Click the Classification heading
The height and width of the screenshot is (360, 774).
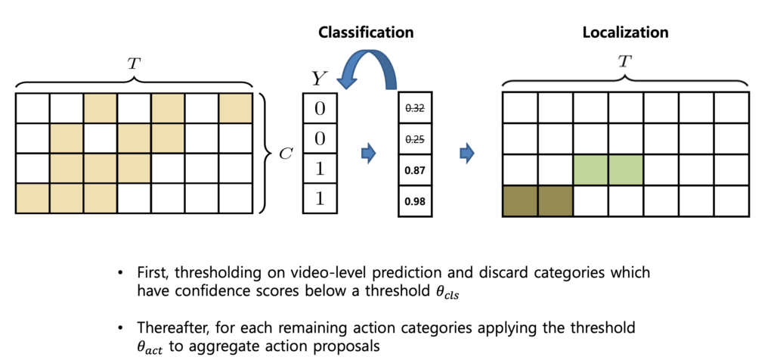click(x=365, y=33)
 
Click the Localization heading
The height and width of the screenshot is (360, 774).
click(x=625, y=33)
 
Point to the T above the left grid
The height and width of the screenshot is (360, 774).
click(x=134, y=64)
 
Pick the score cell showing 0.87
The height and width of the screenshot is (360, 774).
click(x=415, y=170)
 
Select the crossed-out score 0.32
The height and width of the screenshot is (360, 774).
click(x=415, y=109)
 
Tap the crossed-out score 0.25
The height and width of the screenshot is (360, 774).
click(x=415, y=139)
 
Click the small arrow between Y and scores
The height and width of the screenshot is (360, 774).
click(x=369, y=154)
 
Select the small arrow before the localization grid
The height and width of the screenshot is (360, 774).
click(x=467, y=154)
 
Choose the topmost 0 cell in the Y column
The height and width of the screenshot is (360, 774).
click(x=319, y=109)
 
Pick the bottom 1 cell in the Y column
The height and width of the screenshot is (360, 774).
click(x=319, y=200)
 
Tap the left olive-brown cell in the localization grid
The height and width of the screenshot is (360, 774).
click(x=520, y=200)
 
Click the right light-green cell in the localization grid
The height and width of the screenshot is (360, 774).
click(x=625, y=169)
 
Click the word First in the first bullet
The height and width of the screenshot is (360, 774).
click(x=153, y=272)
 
